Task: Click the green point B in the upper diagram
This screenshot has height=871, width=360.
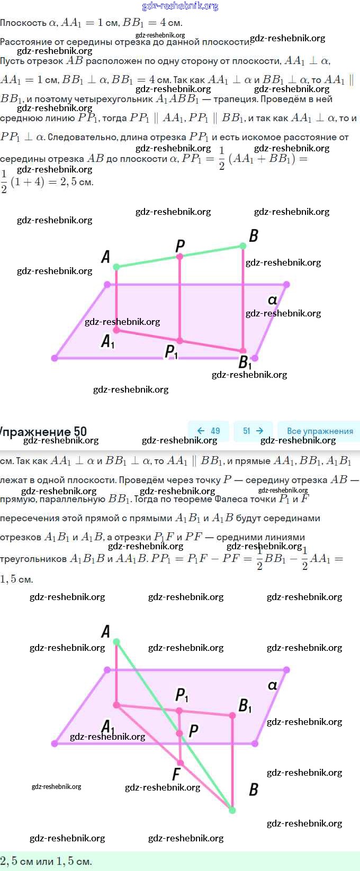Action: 243,246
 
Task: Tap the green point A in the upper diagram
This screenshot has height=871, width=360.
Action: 116,267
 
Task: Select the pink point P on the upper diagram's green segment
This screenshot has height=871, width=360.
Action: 180,256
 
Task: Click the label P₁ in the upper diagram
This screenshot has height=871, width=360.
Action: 172,352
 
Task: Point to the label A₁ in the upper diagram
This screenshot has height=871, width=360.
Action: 107,342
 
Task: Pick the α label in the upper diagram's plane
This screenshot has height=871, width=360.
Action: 273,300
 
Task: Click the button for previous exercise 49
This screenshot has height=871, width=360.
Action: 209,431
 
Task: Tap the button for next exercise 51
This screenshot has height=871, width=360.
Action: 253,431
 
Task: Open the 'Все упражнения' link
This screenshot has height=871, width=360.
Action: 320,431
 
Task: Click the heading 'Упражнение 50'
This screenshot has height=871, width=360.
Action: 44,431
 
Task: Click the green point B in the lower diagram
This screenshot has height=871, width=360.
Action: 232,810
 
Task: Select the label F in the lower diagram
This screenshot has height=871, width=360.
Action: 176,774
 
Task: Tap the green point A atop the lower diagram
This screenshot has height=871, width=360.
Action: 116,642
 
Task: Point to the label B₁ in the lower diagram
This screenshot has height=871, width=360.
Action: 245,705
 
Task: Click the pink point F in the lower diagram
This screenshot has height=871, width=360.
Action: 180,763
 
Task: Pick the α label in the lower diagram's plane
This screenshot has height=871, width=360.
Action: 273,685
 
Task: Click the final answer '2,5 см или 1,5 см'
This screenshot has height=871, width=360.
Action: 47,861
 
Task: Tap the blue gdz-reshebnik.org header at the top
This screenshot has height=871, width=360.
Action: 180,6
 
